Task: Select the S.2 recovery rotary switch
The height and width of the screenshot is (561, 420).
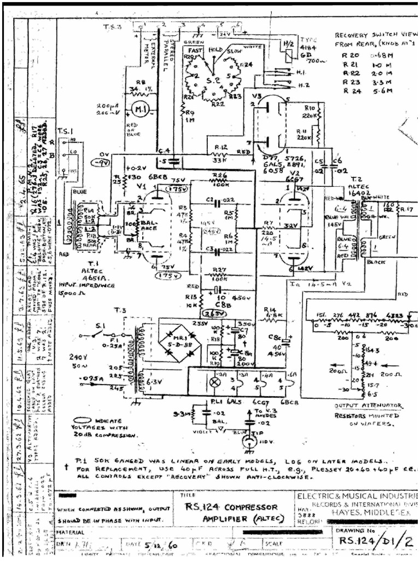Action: click(213, 83)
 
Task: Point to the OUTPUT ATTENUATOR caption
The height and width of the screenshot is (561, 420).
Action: click(368, 406)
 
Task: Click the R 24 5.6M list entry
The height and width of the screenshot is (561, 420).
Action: click(361, 90)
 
